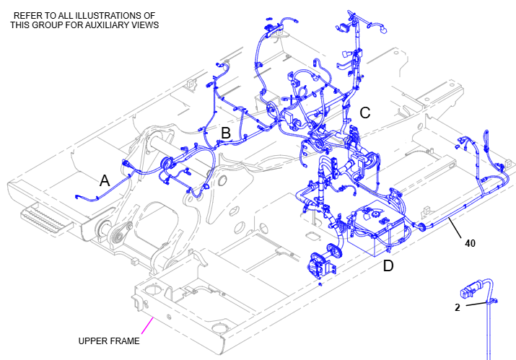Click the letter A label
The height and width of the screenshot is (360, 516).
pyautogui.click(x=105, y=181)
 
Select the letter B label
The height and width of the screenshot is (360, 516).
pyautogui.click(x=225, y=133)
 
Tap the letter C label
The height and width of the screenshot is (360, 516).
pyautogui.click(x=365, y=113)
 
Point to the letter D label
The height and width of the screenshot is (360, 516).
pyautogui.click(x=388, y=265)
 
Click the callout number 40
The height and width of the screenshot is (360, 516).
pyautogui.click(x=470, y=243)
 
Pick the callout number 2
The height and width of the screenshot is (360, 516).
pyautogui.click(x=458, y=307)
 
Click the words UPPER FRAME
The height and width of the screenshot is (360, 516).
pyautogui.click(x=108, y=341)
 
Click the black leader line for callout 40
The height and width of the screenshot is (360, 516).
pyautogui.click(x=454, y=230)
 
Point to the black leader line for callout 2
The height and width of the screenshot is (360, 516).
pyautogui.click(x=476, y=303)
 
